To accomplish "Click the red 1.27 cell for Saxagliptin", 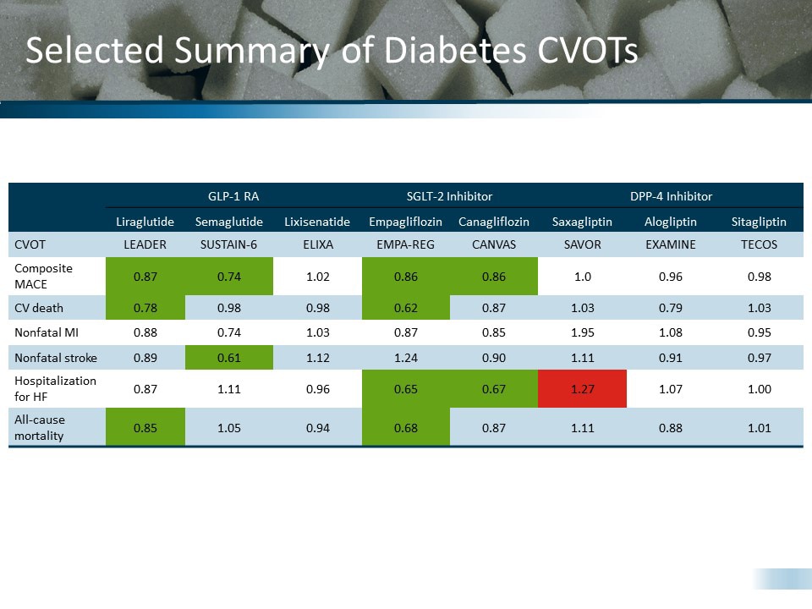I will click(582, 389).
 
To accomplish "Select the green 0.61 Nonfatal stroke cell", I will click(228, 358).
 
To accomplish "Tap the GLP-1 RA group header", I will click(233, 196).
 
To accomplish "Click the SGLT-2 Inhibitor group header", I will click(449, 196).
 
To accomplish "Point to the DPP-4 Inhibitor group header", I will click(671, 196).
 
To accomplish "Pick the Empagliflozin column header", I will click(405, 222).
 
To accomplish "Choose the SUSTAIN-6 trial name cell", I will click(228, 244).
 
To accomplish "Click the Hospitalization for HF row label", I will click(55, 389).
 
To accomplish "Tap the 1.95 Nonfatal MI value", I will click(582, 332).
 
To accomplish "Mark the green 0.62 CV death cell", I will click(405, 308).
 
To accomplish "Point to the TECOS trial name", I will click(759, 244).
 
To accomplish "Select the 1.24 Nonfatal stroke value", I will click(405, 358).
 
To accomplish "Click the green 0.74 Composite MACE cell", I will click(228, 276).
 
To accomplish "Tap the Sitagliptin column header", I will click(759, 222).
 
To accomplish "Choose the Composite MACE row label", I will click(43, 276).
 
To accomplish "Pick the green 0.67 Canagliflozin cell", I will click(493, 389).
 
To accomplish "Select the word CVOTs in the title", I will click(587, 51).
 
